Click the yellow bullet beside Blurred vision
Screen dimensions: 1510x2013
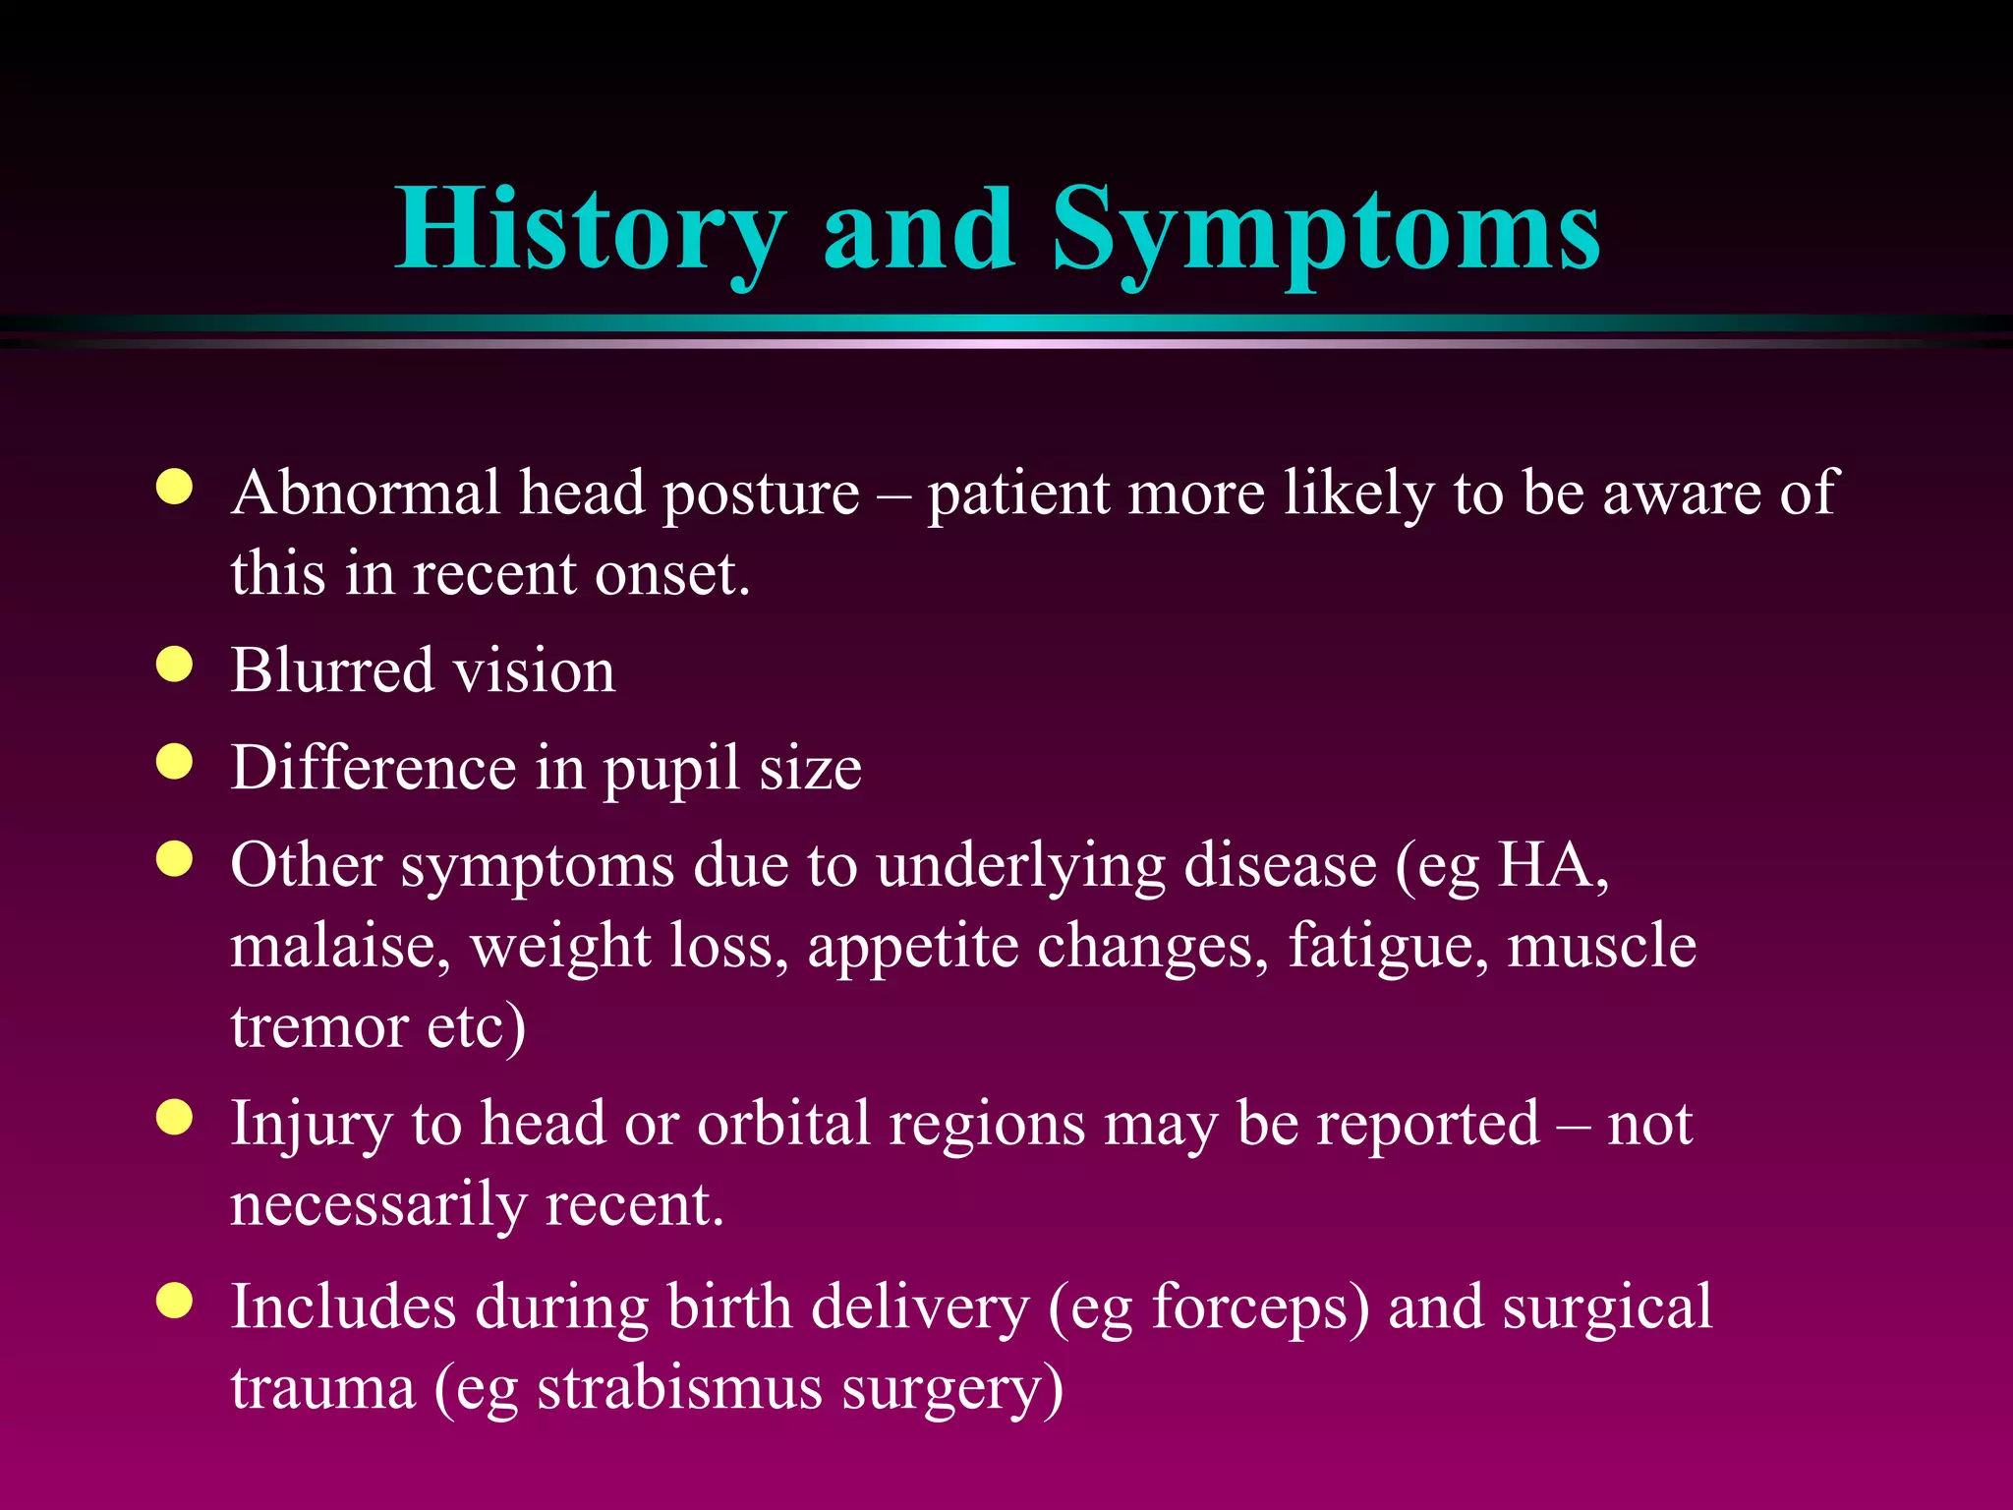point(174,666)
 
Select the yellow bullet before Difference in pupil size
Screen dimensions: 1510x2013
point(174,762)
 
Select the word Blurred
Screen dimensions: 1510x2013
point(332,670)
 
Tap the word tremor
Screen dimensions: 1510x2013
point(319,1026)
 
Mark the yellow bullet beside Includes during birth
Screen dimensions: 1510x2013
point(174,1302)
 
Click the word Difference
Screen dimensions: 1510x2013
point(374,768)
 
